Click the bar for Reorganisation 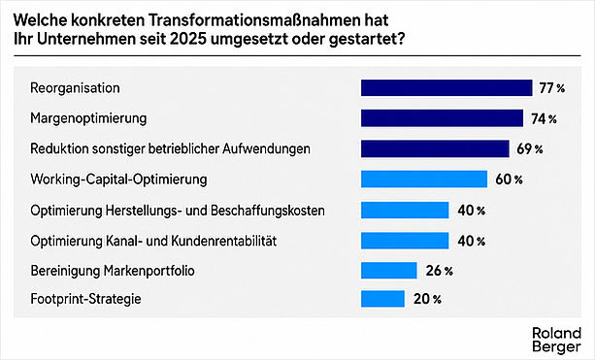tap(446, 88)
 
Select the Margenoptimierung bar tap(442, 118)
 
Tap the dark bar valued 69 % tap(435, 148)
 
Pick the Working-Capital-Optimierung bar tap(424, 180)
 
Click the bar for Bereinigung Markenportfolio tap(389, 271)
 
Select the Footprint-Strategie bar tap(382, 299)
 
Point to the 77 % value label tap(552, 88)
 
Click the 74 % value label tap(544, 119)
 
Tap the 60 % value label tap(509, 180)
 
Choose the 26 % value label tap(440, 271)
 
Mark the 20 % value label tap(427, 299)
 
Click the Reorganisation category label tap(75, 88)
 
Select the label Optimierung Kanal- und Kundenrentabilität tap(153, 241)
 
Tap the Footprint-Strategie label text tap(85, 299)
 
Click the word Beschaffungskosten tap(268, 211)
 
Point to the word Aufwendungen tap(266, 149)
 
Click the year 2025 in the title tap(188, 40)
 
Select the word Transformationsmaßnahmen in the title tap(253, 20)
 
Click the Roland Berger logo tap(557, 340)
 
